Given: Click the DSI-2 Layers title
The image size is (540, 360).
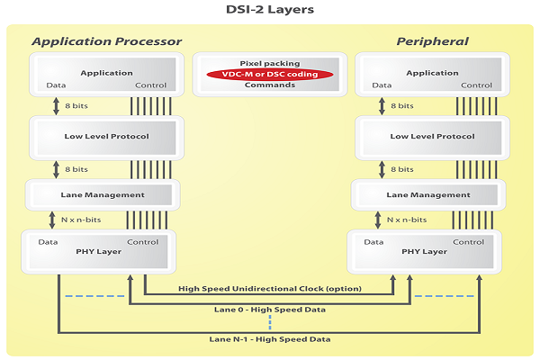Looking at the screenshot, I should coord(269,12).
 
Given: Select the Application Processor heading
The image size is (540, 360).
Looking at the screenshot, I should coord(106,41).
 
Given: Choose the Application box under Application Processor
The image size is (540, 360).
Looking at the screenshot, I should coord(106,73).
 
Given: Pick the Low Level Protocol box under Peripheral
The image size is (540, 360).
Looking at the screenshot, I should coord(429,136).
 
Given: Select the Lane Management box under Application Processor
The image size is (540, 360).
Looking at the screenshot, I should coord(102,194).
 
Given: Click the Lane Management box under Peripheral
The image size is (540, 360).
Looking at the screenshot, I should coord(427,194).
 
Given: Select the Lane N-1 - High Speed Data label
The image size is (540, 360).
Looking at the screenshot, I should coord(268,339).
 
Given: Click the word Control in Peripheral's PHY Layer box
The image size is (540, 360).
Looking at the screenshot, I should coord(468,242).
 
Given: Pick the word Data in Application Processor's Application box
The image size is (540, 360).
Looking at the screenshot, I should coord(56,85).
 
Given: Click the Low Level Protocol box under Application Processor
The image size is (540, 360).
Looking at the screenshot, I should coord(106,136).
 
